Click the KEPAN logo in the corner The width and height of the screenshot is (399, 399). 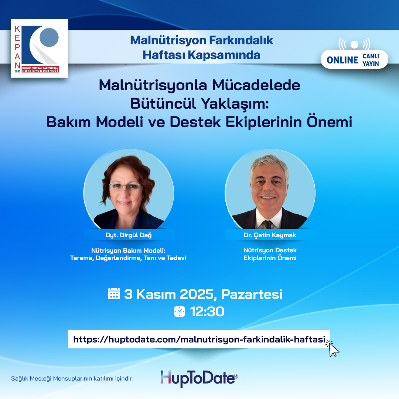(40, 48)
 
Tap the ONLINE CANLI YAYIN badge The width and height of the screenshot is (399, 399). (354, 59)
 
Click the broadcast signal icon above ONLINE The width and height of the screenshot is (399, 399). (354, 44)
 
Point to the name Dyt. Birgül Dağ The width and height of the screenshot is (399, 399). (129, 235)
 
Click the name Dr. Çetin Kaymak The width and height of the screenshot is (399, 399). (270, 235)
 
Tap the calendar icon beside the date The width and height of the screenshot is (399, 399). (114, 294)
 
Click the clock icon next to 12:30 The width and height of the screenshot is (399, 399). (180, 311)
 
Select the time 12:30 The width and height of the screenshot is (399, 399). (207, 312)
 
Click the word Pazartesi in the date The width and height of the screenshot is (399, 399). (252, 294)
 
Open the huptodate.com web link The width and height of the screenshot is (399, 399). (199, 339)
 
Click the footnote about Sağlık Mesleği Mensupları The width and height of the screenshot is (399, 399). (72, 379)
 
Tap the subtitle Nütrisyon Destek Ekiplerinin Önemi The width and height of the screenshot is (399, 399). (270, 254)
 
